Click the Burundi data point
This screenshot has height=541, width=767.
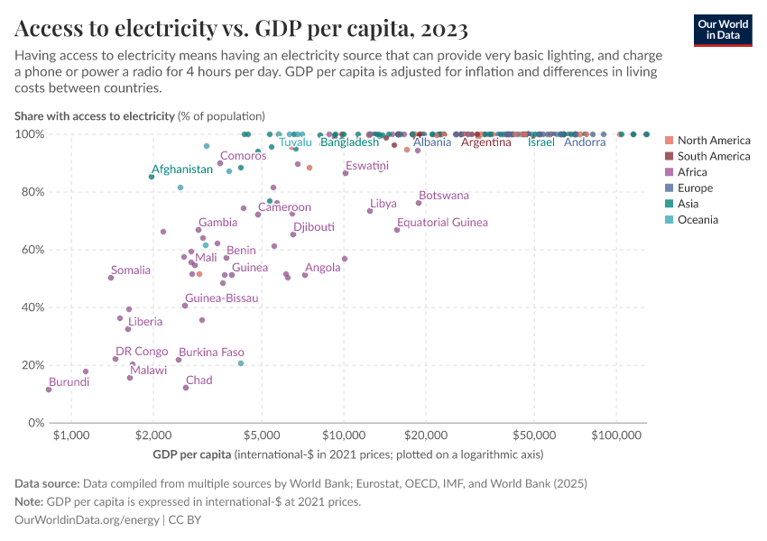[x=49, y=390]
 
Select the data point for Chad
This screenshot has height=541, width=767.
[x=186, y=388]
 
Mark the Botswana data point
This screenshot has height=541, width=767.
[x=419, y=203]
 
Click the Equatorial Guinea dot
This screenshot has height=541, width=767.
[x=397, y=230]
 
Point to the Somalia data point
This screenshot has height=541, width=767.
[x=111, y=278]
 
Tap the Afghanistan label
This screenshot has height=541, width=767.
[x=181, y=170]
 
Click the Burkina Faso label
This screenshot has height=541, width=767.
[x=211, y=353]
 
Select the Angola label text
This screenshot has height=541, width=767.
[x=323, y=268]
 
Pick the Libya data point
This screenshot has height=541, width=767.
[x=370, y=211]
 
